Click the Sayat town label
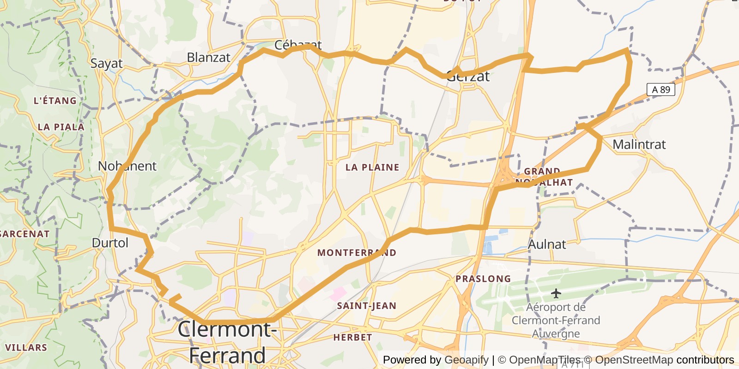[x=106, y=64]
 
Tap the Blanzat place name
[x=208, y=58]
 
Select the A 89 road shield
[x=660, y=89]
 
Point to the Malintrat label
[x=639, y=145]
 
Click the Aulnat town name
[x=547, y=244]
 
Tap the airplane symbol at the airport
[x=556, y=293]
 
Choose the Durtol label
[x=110, y=243]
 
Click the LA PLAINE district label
[x=372, y=167]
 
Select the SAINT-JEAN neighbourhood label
[x=366, y=306]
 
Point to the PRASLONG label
[x=483, y=279]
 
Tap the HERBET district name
[x=352, y=338]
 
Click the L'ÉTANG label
[x=55, y=101]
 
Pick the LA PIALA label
[x=61, y=127]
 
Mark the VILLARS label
[x=26, y=348]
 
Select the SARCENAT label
[x=24, y=234]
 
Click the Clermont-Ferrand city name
[x=227, y=342]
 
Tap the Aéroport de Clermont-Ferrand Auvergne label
[x=556, y=320]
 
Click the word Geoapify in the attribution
[x=466, y=360]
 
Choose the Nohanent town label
[x=127, y=166]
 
